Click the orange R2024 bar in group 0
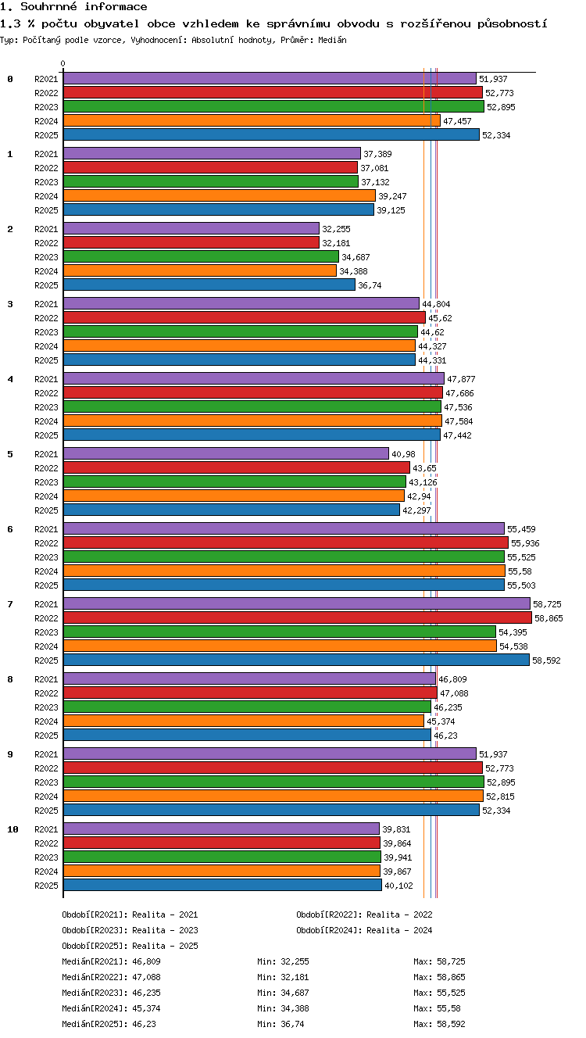click(x=252, y=120)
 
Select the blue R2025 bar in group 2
click(x=209, y=285)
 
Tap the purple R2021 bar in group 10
click(x=221, y=829)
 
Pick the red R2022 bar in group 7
click(x=298, y=617)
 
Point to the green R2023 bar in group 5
click(x=234, y=481)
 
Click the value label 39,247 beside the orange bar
click(x=392, y=196)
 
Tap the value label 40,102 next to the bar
click(x=398, y=886)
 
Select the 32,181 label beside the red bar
click(x=336, y=243)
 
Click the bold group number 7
click(x=10, y=603)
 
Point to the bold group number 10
click(x=13, y=829)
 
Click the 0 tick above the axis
click(x=63, y=63)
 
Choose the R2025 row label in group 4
click(x=46, y=435)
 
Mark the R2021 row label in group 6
click(x=46, y=528)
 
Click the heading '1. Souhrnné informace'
click(x=73, y=6)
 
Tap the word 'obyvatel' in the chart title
click(x=111, y=23)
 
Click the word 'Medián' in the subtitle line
click(x=332, y=40)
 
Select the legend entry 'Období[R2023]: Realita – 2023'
click(x=130, y=930)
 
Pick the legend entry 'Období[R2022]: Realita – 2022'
click(x=364, y=915)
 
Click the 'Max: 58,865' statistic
click(x=439, y=977)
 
